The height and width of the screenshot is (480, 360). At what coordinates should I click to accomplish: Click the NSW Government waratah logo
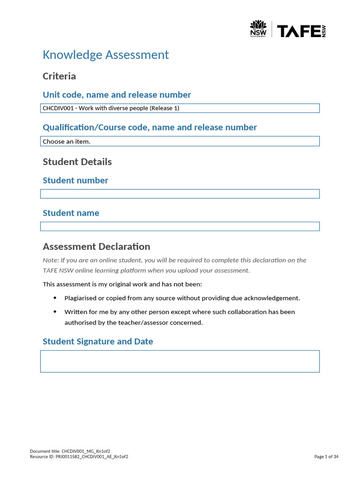click(258, 29)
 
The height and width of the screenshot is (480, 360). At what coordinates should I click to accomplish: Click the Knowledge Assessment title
click(105, 55)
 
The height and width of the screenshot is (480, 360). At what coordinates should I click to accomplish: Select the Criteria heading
click(59, 76)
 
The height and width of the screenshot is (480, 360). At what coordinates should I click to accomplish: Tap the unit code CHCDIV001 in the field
click(58, 108)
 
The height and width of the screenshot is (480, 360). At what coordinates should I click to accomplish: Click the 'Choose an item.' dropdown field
click(180, 141)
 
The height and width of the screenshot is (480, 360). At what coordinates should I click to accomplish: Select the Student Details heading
click(77, 162)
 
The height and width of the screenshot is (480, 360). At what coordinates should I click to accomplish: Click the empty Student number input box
click(180, 194)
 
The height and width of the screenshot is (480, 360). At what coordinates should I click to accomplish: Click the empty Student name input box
click(180, 226)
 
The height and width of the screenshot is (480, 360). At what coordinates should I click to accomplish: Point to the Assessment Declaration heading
click(96, 247)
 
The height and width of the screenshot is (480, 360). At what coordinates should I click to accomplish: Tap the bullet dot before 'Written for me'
click(55, 312)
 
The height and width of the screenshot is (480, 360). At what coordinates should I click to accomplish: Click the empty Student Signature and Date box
click(180, 361)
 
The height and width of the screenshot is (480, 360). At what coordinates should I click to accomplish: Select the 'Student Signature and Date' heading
click(97, 341)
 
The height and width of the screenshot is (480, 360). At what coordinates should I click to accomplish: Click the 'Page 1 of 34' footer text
click(326, 457)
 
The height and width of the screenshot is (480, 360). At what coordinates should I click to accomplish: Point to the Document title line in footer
click(70, 451)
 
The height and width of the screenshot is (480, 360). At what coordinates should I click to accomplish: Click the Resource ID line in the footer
click(79, 457)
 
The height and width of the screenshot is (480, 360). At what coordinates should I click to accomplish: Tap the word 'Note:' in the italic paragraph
click(51, 260)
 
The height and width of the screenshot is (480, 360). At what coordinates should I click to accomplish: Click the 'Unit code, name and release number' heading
click(117, 95)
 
